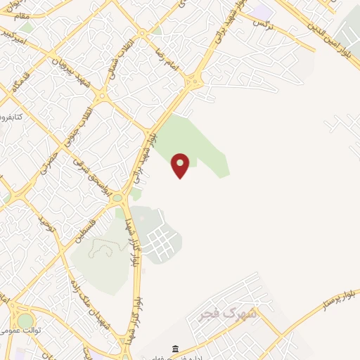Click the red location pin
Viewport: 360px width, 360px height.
[x=181, y=164]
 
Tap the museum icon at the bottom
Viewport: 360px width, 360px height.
[x=174, y=349]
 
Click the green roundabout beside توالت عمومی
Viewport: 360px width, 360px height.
[x=25, y=320]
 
